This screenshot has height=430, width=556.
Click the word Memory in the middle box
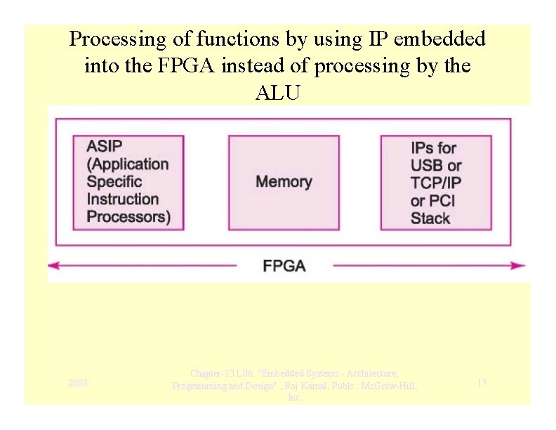point(284,182)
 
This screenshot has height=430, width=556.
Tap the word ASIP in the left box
point(104,147)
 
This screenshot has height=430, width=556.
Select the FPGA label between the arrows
point(284,266)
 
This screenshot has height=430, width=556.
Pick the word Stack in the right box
point(430,218)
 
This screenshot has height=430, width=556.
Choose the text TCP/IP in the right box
point(436,183)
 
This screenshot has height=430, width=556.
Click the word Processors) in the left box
point(128,216)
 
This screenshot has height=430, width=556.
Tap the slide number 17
point(482,383)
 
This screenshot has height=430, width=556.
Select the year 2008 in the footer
point(78,383)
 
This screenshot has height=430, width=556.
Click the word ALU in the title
point(277,93)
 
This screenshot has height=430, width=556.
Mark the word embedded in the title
point(439,39)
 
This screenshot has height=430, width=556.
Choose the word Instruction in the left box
point(123,199)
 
